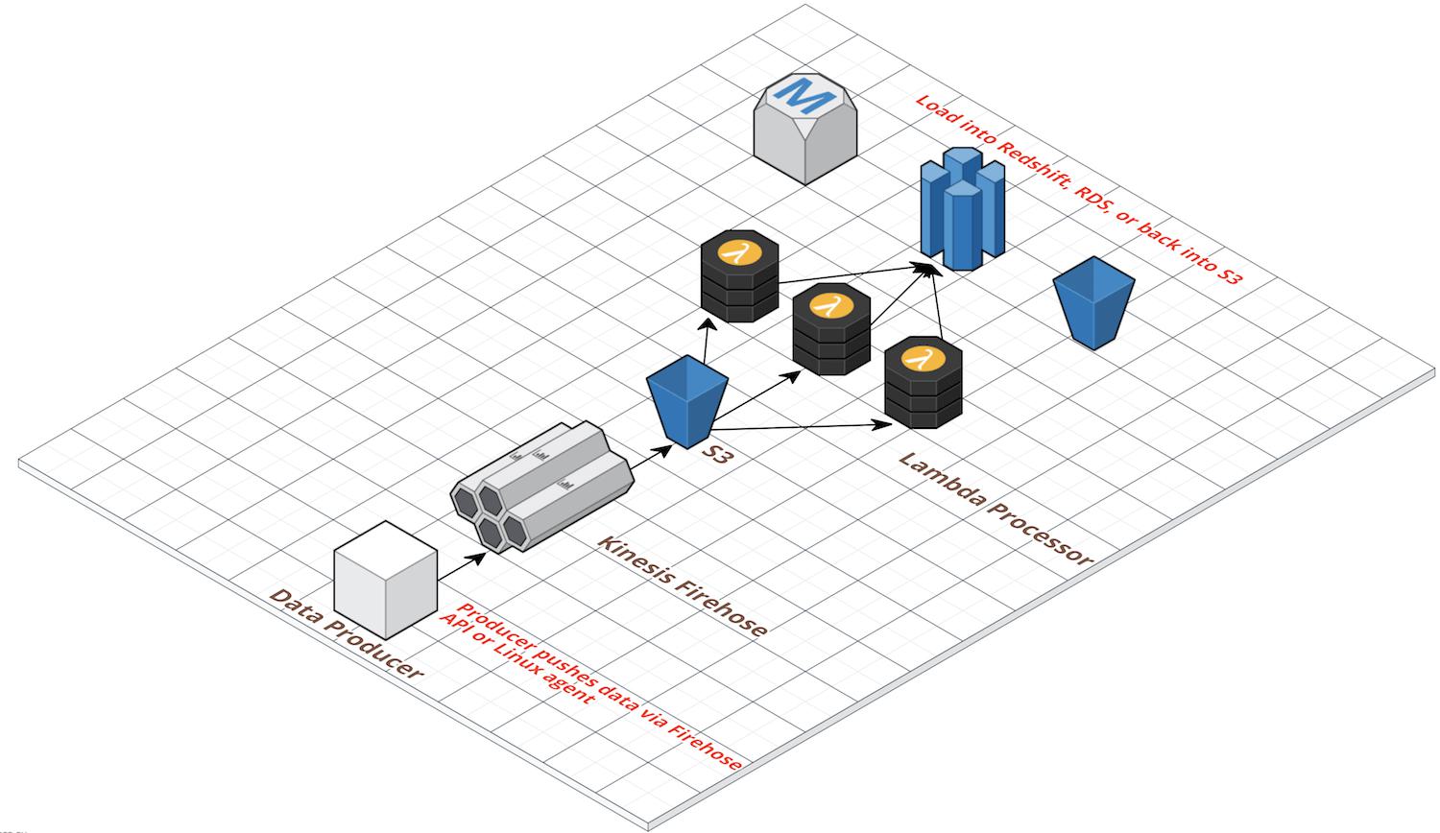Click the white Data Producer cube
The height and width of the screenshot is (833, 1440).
385,580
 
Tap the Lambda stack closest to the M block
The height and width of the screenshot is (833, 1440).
739,278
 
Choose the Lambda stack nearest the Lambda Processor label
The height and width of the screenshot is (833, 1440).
923,384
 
